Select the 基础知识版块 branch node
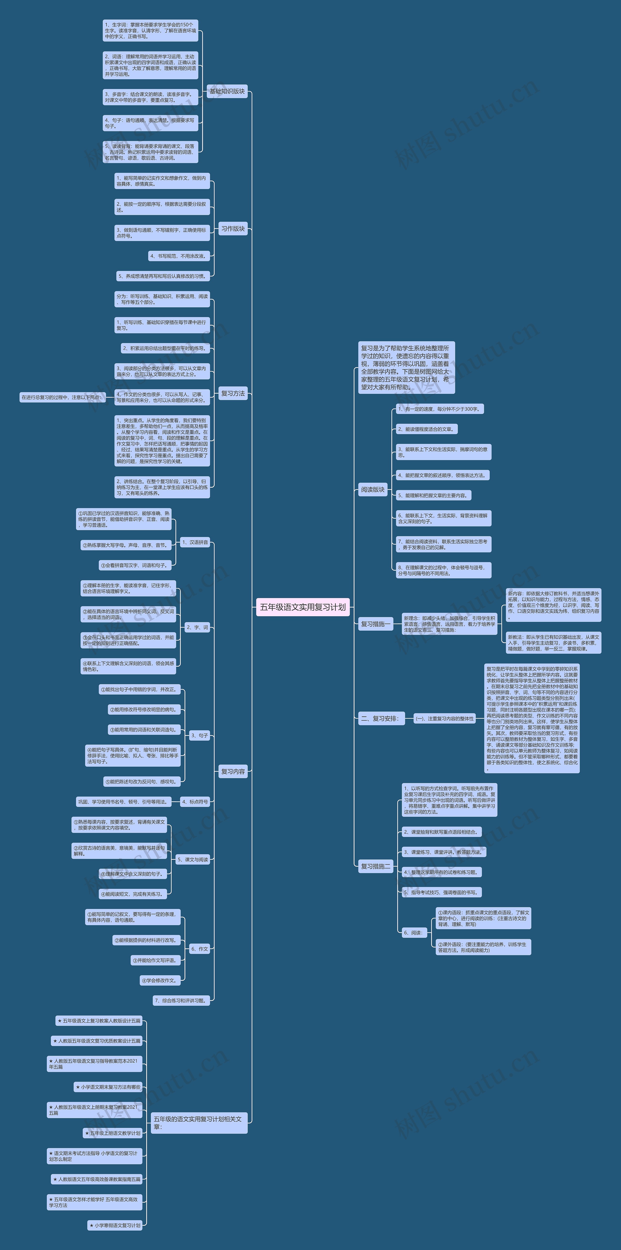(227, 91)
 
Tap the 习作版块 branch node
(233, 229)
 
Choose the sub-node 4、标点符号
(195, 802)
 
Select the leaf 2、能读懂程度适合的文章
(426, 429)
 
